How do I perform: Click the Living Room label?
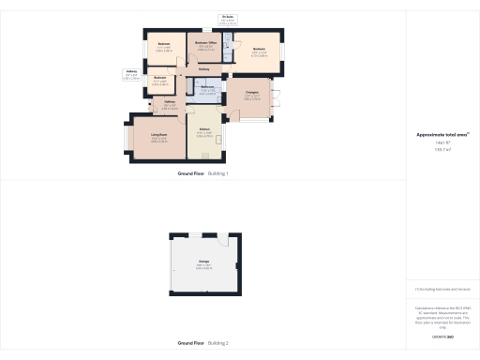tap(158, 137)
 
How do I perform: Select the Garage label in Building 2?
tap(202, 261)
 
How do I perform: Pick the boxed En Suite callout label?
tap(227, 18)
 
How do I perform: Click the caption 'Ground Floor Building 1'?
tap(202, 174)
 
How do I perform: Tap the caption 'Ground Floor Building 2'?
tap(202, 343)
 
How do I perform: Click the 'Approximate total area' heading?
tap(442, 135)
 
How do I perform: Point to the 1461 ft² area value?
tap(442, 142)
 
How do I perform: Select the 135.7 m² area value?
tap(442, 149)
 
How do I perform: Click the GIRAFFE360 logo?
tap(442, 336)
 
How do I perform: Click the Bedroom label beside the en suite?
tap(259, 51)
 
